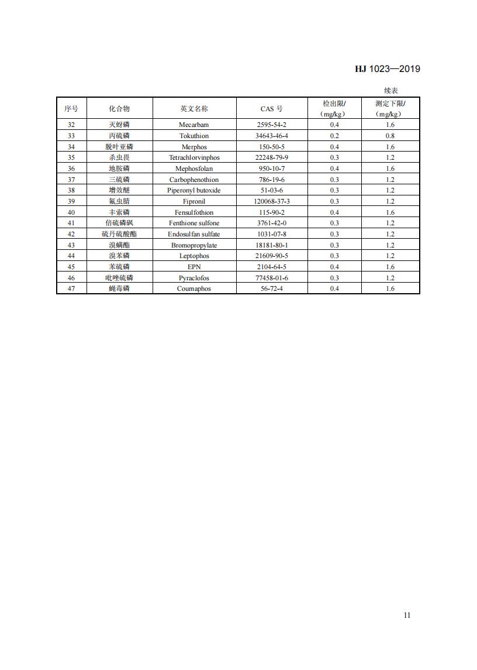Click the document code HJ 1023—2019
[387, 69]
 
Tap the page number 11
[407, 615]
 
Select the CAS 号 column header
[272, 109]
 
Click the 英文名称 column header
[194, 109]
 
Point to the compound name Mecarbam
[194, 125]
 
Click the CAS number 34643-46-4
[272, 136]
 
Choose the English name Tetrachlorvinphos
[194, 157]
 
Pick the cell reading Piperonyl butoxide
[194, 190]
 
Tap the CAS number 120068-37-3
[272, 201]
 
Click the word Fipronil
[194, 201]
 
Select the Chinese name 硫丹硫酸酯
[119, 234]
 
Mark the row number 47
[71, 288]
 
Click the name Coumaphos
[194, 288]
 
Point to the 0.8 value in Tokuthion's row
[390, 136]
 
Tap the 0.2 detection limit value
[334, 136]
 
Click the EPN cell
[194, 267]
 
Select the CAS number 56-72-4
[272, 288]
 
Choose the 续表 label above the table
[391, 90]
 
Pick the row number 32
[71, 125]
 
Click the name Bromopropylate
[194, 245]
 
